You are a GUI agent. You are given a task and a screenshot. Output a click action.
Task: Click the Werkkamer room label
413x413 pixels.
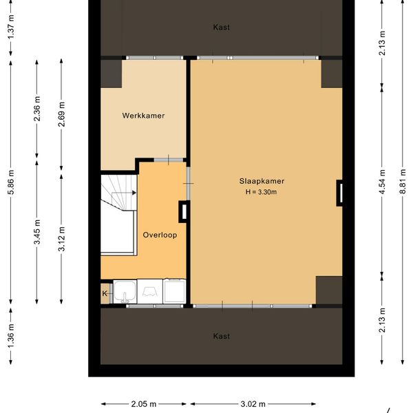[143, 116]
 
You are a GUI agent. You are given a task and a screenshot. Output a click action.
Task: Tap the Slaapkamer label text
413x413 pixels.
[262, 181]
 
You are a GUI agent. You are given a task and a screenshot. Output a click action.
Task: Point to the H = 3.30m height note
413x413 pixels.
[261, 192]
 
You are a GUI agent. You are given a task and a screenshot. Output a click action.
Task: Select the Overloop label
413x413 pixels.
[160, 235]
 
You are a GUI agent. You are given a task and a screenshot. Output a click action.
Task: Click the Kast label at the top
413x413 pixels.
[221, 28]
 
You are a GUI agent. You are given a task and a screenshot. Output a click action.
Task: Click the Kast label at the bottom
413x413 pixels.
[221, 336]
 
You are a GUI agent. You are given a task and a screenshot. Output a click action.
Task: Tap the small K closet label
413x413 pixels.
[105, 293]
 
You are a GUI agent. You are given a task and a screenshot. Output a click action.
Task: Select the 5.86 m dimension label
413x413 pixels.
[11, 182]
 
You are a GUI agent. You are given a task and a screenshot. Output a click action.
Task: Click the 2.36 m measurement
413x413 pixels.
[37, 109]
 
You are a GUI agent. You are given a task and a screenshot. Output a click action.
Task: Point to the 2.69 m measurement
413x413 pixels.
[61, 114]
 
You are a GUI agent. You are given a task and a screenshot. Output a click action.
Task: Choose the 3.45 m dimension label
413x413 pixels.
[37, 232]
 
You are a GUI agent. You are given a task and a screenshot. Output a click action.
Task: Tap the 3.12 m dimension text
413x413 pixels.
[61, 239]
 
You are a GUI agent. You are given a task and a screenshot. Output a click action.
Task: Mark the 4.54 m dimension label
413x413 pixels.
[382, 182]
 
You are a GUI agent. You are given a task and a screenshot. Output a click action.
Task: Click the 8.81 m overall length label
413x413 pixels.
[403, 182]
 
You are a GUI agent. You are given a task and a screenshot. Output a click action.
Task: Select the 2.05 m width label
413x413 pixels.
[144, 404]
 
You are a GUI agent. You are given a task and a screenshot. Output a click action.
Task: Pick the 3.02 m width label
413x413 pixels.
[253, 404]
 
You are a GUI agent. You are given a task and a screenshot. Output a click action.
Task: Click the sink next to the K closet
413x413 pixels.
[125, 292]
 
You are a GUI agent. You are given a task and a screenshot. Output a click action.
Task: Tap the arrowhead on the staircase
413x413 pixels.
[134, 193]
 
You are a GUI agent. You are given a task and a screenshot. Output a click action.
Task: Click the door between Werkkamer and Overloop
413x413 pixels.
[169, 160]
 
